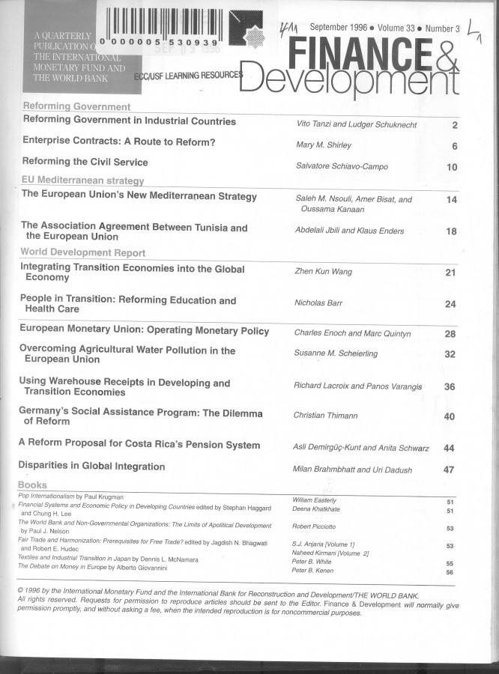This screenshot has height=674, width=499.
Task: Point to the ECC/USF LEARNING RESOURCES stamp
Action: click(189, 76)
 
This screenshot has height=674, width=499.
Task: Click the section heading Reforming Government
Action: click(77, 107)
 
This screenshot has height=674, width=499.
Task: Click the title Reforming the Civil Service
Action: click(85, 162)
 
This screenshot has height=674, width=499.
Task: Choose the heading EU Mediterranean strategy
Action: click(82, 180)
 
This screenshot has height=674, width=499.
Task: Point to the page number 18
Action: click(451, 231)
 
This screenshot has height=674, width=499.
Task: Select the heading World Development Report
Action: click(82, 253)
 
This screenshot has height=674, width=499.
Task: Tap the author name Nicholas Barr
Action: click(319, 304)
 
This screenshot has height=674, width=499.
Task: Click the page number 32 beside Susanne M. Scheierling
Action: click(450, 354)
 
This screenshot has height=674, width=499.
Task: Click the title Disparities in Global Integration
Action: click(92, 467)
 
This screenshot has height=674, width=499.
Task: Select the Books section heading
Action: click(33, 485)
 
